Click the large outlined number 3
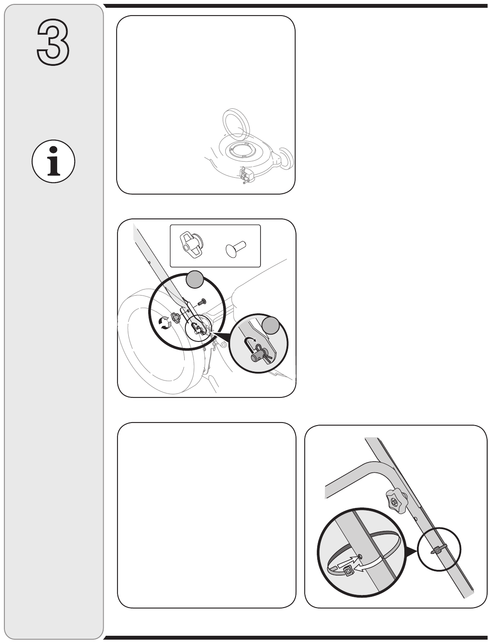tap(53, 42)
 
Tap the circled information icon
tap(53, 161)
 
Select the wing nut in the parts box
tap(192, 244)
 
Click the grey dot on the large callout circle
tap(195, 280)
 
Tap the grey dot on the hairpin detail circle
tap(270, 325)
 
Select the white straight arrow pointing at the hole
tap(348, 562)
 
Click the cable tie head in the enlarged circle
tap(348, 571)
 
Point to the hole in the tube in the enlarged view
tap(360, 556)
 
